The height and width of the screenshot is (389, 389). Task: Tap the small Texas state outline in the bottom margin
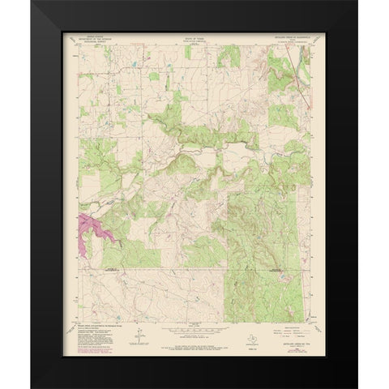226,331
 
